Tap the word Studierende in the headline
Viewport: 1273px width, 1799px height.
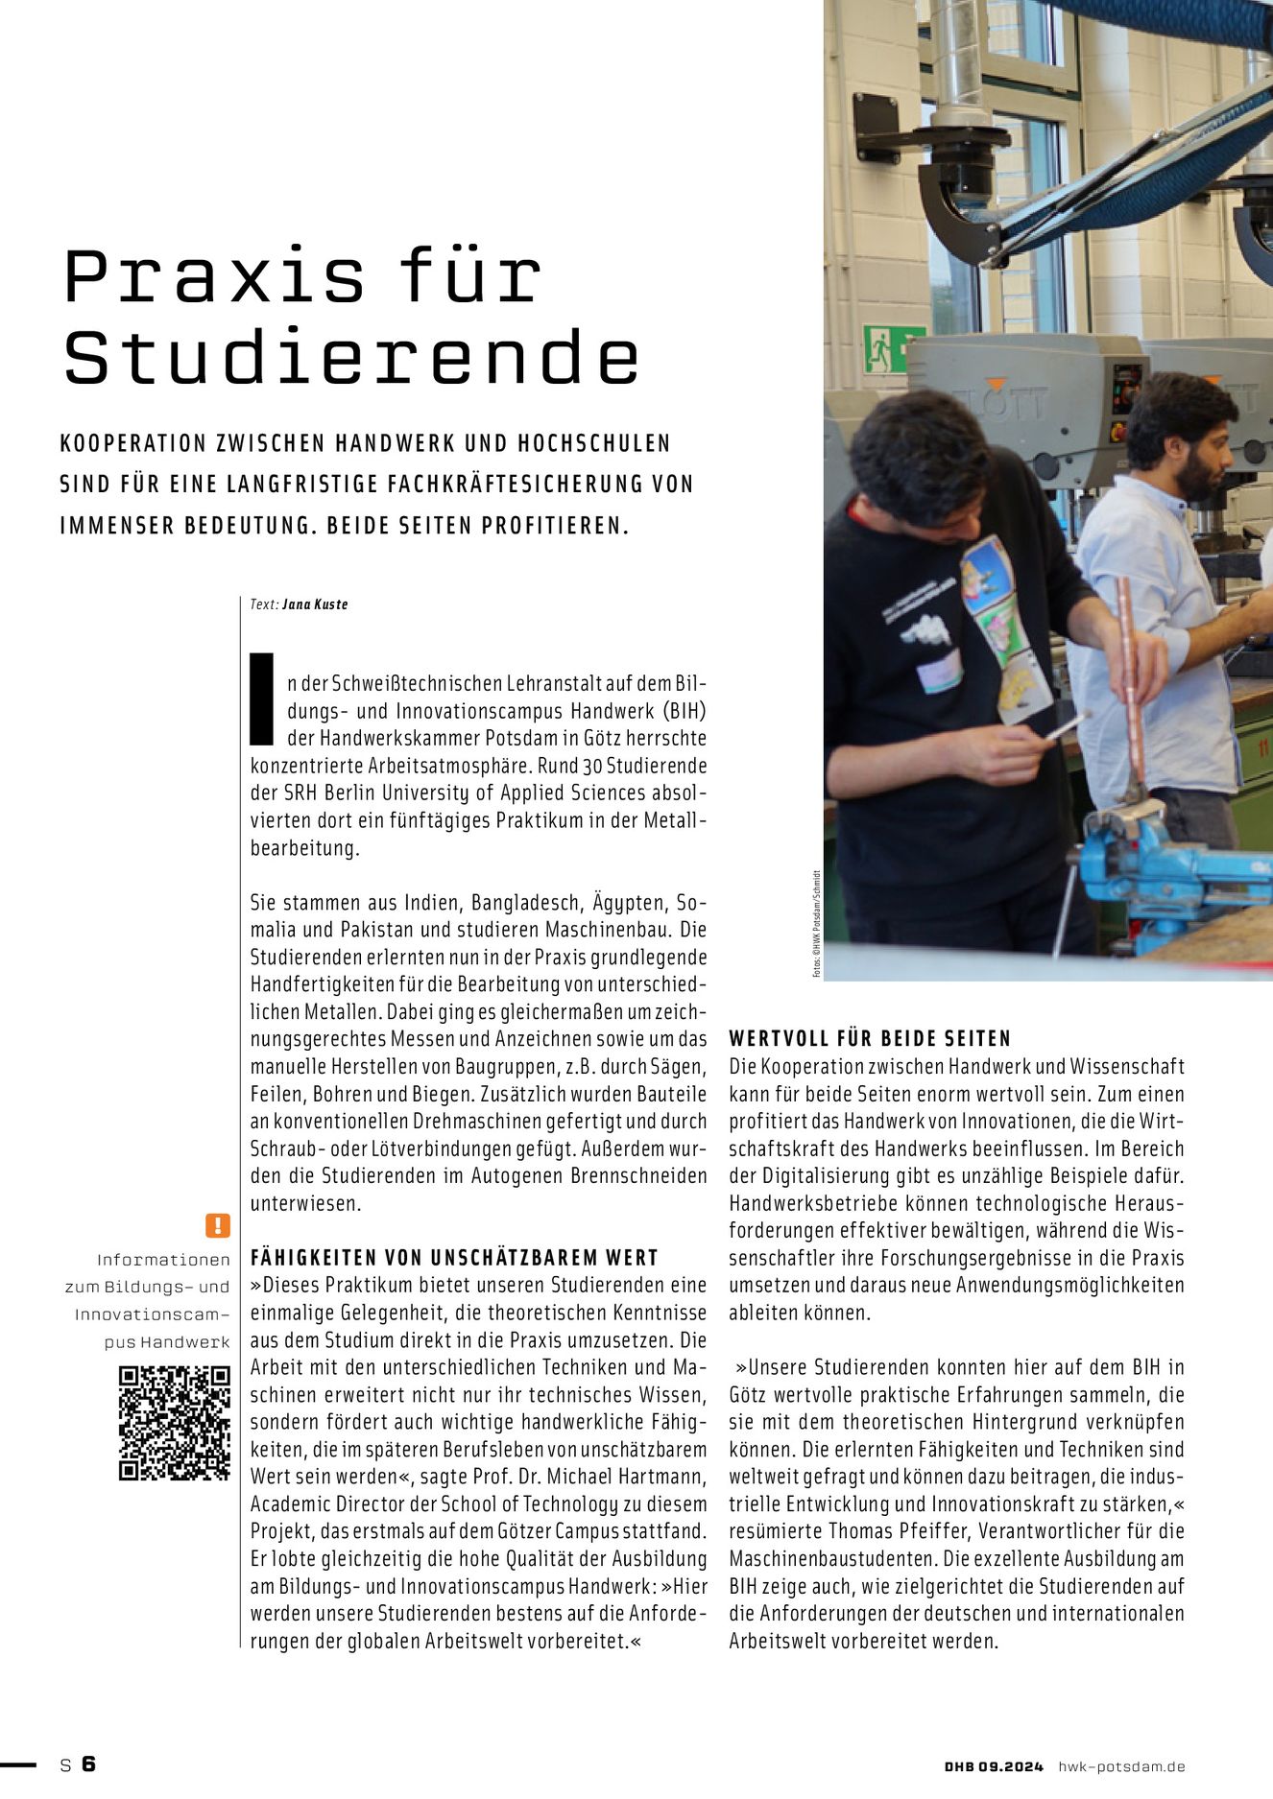click(x=351, y=358)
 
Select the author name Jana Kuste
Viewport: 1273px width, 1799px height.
click(x=315, y=604)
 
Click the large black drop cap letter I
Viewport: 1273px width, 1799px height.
click(x=262, y=698)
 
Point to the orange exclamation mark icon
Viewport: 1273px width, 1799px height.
click(x=218, y=1225)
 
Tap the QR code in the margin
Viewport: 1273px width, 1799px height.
click(x=175, y=1424)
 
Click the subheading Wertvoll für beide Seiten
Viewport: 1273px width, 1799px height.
click(x=870, y=1038)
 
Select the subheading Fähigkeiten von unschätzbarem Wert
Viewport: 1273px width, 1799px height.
click(x=454, y=1258)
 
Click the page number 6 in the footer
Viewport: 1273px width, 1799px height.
click(x=88, y=1763)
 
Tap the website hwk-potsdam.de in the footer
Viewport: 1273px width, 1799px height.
click(x=1121, y=1766)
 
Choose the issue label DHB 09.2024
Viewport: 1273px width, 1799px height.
click(x=993, y=1766)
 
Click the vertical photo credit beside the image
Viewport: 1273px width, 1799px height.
click(x=816, y=923)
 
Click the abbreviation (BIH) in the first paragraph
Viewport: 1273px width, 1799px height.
click(x=683, y=712)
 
